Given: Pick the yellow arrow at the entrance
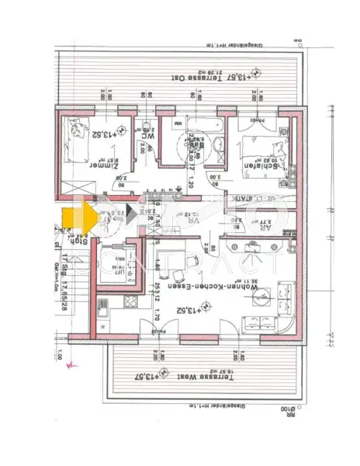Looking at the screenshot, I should click(78, 215).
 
